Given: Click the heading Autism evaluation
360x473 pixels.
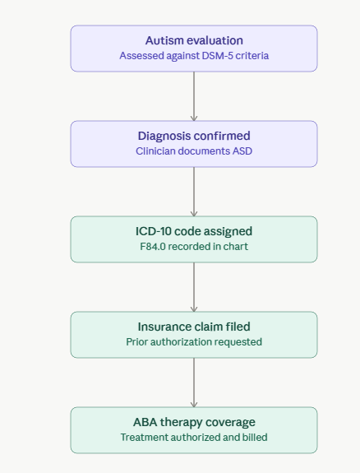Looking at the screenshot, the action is point(194,40).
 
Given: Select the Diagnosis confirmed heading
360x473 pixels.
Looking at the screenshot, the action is point(194,136).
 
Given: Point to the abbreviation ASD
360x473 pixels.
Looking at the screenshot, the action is point(242,151).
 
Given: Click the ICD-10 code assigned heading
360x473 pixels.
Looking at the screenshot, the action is point(194,231).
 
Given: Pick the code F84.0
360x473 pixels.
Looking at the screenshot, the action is point(153,247).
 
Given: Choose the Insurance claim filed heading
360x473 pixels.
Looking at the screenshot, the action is point(194,327).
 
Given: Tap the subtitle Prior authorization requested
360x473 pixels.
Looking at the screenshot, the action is point(194,342).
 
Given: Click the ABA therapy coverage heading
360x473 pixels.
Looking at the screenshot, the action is point(194,422).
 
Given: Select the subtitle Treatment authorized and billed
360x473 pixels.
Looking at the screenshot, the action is point(194,438).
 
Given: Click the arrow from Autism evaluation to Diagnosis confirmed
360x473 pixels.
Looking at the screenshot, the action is point(194,96).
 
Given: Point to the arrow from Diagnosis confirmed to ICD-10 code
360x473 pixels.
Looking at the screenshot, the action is point(194,192).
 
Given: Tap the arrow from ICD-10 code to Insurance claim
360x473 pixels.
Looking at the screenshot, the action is point(194,287).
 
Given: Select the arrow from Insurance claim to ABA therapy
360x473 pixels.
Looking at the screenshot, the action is point(194,383).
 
